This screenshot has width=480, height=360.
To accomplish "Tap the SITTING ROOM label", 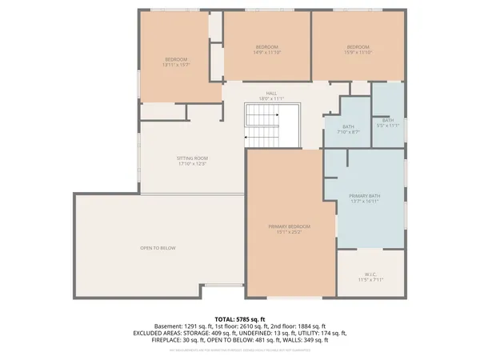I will click(192, 159).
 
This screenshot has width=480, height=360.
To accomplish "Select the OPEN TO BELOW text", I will click(158, 248).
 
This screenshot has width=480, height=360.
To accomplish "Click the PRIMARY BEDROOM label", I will click(289, 227).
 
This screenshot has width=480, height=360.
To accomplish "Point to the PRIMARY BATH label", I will click(364, 196).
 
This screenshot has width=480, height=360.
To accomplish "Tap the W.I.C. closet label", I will click(370, 275).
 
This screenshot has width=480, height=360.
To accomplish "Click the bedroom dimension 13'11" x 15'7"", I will click(176, 65).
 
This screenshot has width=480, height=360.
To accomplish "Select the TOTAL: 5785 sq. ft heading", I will click(239, 318).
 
